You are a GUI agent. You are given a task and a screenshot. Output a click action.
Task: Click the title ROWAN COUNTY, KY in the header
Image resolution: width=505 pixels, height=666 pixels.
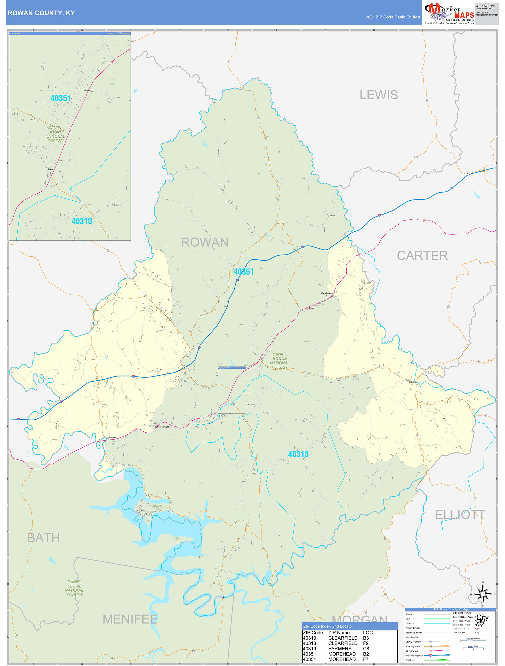coord(41,13)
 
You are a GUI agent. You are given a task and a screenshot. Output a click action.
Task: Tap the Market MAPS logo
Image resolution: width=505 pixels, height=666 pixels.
coord(449,14)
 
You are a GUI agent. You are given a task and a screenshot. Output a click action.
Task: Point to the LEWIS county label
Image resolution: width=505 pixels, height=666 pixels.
coord(379,95)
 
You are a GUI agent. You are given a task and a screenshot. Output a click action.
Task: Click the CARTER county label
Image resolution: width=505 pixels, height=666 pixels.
coord(422,256)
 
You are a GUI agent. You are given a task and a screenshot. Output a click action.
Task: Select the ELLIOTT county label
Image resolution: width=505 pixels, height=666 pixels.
coord(460,515)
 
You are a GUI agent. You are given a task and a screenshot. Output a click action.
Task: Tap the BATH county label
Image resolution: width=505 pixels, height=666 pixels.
coord(43,538)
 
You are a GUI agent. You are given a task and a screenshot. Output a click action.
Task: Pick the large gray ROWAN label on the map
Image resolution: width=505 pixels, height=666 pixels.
coord(204,242)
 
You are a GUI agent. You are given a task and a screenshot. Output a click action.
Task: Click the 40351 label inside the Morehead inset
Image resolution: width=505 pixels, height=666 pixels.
coord(61,98)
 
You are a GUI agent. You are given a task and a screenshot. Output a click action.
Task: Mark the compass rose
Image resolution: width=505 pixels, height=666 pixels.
coord(483,594)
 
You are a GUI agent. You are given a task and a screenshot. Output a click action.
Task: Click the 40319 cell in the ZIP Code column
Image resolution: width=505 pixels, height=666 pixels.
coord(309,649)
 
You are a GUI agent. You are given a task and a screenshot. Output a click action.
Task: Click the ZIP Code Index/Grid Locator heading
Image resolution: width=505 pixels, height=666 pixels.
coord(328,626)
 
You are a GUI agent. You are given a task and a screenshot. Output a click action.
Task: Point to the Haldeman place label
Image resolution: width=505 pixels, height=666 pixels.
coord(366,283)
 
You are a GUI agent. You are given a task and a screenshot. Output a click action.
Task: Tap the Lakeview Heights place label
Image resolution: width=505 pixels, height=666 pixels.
coord(162,427)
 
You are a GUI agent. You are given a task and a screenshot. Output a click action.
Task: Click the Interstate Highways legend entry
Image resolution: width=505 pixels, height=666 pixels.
coord(414,655)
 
